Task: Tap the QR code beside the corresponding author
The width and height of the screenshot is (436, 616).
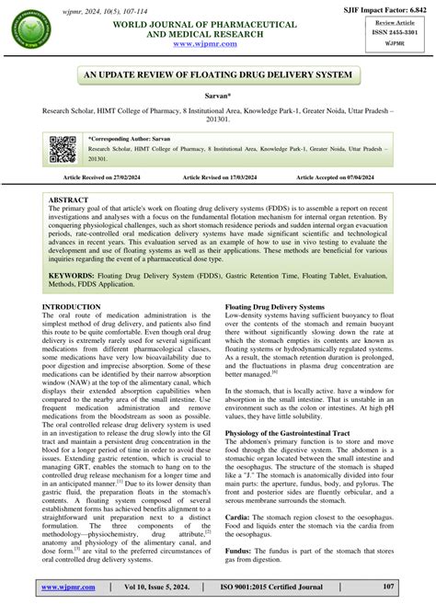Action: (63, 148)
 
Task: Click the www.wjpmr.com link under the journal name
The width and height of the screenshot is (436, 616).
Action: (218, 43)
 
